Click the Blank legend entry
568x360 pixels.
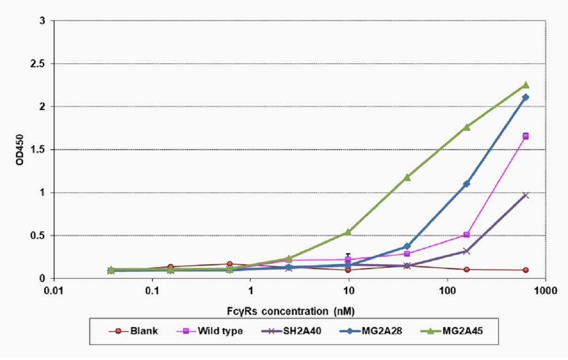pyautogui.click(x=133, y=331)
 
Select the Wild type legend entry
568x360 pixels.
pyautogui.click(x=210, y=331)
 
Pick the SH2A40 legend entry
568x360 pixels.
pyautogui.click(x=291, y=331)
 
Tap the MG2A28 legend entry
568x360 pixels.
pyautogui.click(x=371, y=331)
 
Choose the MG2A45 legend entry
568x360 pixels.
pyautogui.click(x=452, y=331)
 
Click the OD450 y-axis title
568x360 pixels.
pyautogui.click(x=20, y=150)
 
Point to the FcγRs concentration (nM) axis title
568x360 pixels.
pyautogui.click(x=291, y=311)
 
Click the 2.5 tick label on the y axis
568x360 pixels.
pyautogui.click(x=38, y=64)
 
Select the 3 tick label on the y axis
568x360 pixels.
pyautogui.click(x=42, y=21)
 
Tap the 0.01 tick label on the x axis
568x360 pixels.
pyautogui.click(x=54, y=291)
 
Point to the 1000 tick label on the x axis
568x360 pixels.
pyautogui.click(x=545, y=291)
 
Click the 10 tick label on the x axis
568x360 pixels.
pyautogui.click(x=349, y=291)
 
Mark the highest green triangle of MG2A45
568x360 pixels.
pyautogui.click(x=526, y=85)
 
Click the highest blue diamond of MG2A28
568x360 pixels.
pyautogui.click(x=526, y=97)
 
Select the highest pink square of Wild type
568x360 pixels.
pyautogui.click(x=526, y=136)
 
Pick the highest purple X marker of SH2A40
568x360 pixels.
pyautogui.click(x=526, y=195)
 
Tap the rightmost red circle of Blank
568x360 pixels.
pyautogui.click(x=526, y=270)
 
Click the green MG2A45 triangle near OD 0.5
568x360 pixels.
pyautogui.click(x=348, y=232)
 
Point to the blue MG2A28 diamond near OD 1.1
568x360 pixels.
pyautogui.click(x=466, y=184)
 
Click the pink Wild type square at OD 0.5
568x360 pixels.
pyautogui.click(x=466, y=235)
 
